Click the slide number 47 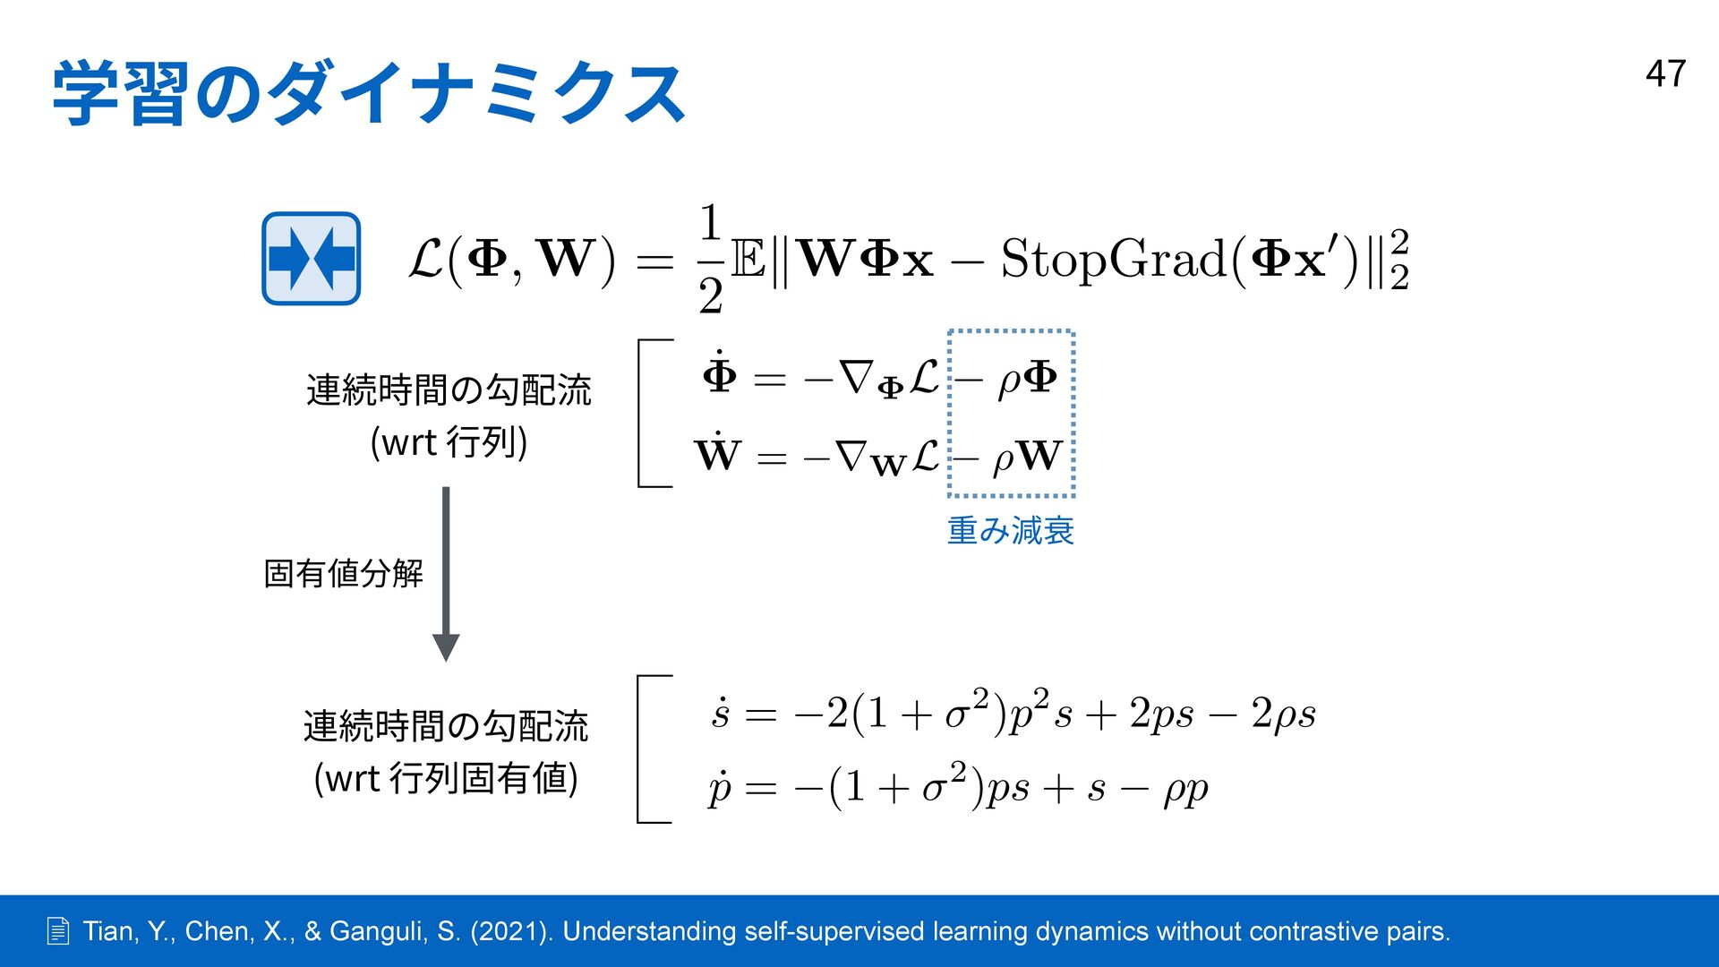[x=1665, y=74]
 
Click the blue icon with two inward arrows [x=311, y=259]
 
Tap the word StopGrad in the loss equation [x=1114, y=260]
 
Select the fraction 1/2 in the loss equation [x=710, y=259]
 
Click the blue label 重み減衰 [x=1010, y=531]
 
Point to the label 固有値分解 [x=343, y=573]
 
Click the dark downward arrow [x=446, y=573]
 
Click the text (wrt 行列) [x=449, y=442]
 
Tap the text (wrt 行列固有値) [x=446, y=778]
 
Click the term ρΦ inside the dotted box [x=1028, y=379]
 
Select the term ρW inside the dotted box [x=1028, y=457]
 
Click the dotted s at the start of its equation [x=721, y=714]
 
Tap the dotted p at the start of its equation [x=720, y=788]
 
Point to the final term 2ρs [x=1283, y=715]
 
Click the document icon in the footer [x=58, y=932]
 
